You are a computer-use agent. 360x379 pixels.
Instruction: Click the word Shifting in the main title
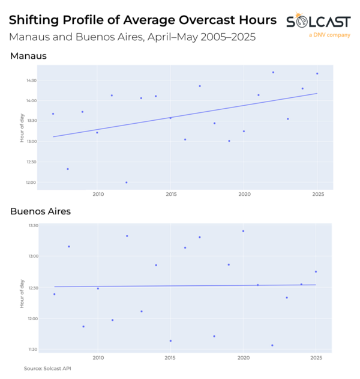(37, 20)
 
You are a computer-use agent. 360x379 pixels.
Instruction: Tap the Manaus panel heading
(28, 56)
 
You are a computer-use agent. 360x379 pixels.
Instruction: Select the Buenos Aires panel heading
(40, 211)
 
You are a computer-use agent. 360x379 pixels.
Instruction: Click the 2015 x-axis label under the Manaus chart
(171, 195)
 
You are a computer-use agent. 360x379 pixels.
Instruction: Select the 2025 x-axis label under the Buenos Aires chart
(317, 357)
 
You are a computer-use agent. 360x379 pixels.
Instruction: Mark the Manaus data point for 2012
(126, 183)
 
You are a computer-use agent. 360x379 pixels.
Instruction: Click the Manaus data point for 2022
(273, 72)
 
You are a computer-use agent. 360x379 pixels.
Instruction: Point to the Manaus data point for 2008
(68, 169)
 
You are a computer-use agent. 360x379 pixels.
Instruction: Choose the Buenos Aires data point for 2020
(243, 231)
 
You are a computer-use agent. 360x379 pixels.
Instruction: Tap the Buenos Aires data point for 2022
(272, 345)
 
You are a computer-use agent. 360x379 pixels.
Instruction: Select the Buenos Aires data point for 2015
(171, 341)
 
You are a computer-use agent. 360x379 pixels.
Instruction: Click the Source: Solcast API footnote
(47, 368)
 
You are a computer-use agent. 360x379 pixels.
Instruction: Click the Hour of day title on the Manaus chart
(22, 129)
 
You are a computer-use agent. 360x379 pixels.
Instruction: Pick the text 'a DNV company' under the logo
(329, 35)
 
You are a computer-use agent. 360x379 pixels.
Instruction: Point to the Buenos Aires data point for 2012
(127, 235)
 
